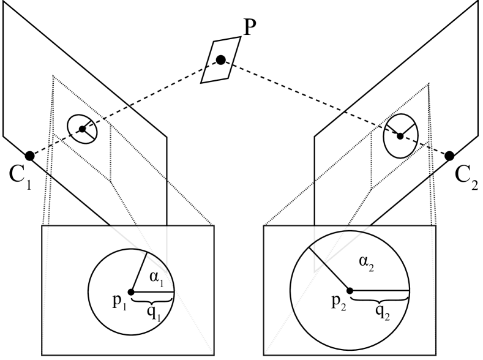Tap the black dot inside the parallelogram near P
pos(220,59)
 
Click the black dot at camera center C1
pos(29,156)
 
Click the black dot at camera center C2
pos(449,156)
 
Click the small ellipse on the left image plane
pos(83,129)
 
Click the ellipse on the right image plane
pos(400,135)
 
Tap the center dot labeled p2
pos(350,290)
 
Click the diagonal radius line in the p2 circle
pos(329,268)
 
